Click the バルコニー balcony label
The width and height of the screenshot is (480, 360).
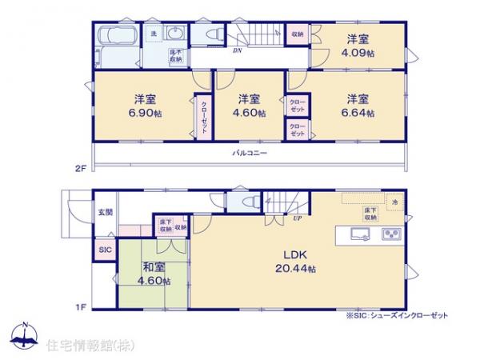pos(250,152)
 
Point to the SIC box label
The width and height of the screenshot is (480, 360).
pos(106,250)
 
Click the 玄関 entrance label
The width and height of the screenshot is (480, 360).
pos(106,212)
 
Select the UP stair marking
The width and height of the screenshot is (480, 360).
pos(297,217)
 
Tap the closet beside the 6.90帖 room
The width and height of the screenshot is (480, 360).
pos(205,117)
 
